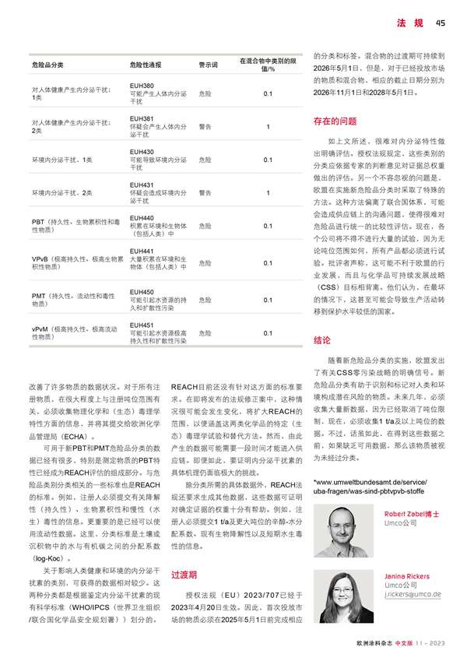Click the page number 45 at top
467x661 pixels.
click(x=440, y=22)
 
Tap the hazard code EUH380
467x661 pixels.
click(x=142, y=85)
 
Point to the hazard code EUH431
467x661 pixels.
click(x=142, y=185)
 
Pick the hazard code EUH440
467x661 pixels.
click(x=142, y=218)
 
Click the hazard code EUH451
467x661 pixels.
click(x=142, y=325)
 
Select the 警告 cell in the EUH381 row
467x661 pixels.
click(x=205, y=126)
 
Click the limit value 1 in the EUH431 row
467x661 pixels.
click(x=268, y=192)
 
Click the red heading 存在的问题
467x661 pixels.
click(x=335, y=121)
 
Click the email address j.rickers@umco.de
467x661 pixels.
click(x=413, y=594)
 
